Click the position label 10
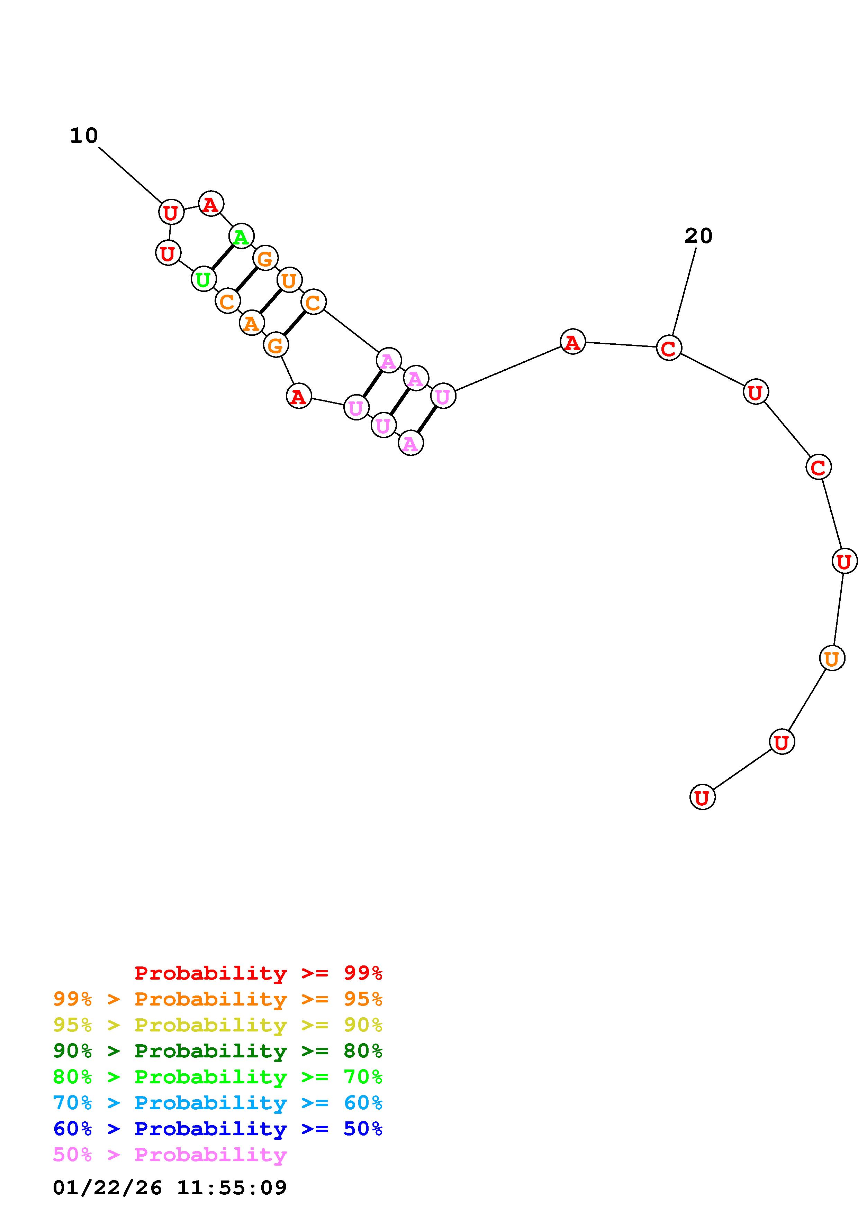84,136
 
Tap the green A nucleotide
241,236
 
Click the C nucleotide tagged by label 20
669,348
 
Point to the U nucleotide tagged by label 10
171,212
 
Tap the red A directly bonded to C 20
572,342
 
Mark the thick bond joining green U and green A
222,257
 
